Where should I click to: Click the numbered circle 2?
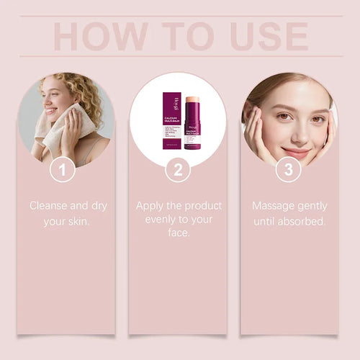click(x=178, y=170)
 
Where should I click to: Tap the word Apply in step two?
click(x=151, y=206)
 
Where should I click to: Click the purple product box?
click(x=171, y=120)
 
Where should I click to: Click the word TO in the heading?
click(x=186, y=36)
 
